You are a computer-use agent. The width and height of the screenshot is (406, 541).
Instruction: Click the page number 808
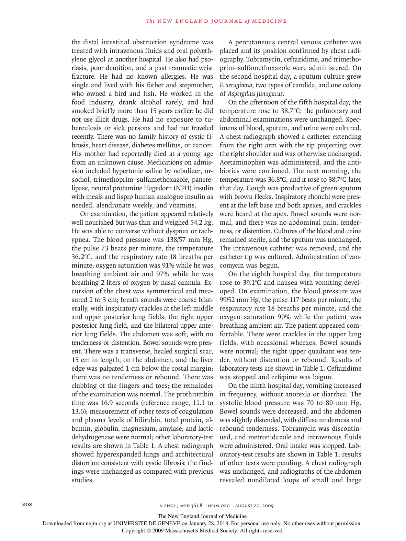[27, 505]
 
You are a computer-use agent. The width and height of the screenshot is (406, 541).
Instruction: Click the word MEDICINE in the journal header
[270, 21]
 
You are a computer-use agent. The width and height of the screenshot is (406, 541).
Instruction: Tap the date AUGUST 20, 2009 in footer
[254, 506]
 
